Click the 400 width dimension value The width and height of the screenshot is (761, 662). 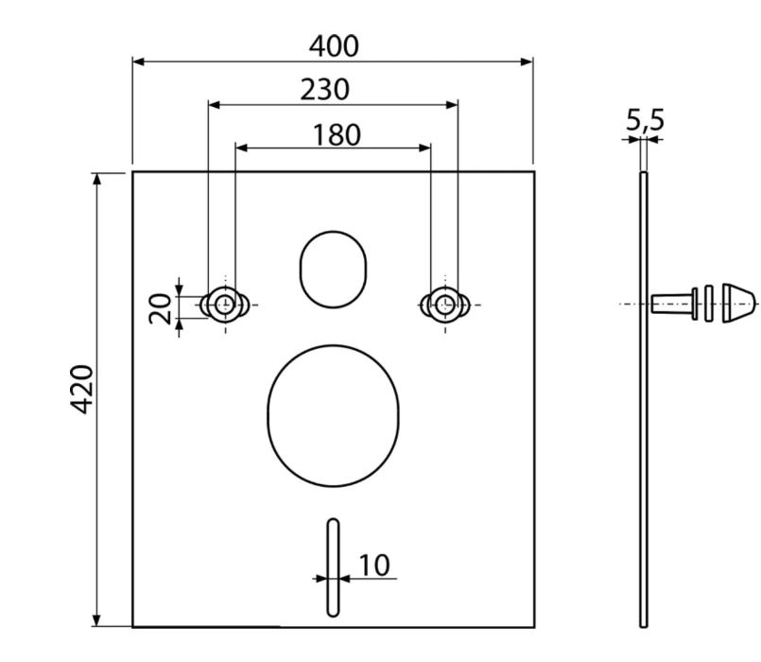(334, 46)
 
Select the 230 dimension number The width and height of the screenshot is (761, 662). (324, 89)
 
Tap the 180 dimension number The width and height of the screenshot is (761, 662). (337, 134)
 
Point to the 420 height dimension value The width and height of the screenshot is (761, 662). (81, 389)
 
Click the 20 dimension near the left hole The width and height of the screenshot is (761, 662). (160, 309)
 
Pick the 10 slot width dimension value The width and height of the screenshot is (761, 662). (373, 565)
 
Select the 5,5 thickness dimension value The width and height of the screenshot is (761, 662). (645, 119)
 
